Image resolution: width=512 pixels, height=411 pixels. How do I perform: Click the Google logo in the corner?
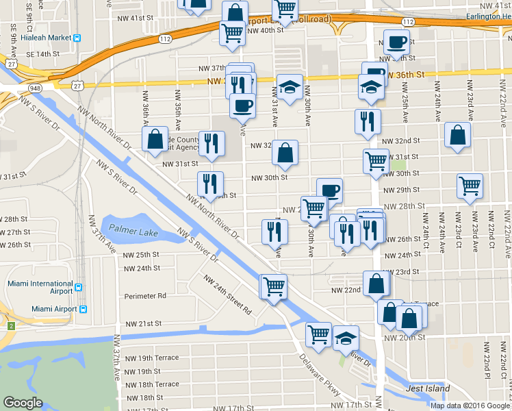[x=23, y=403]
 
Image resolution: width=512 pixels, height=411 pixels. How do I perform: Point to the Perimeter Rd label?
[x=145, y=296]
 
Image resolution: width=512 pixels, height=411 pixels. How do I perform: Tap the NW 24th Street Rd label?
[x=227, y=295]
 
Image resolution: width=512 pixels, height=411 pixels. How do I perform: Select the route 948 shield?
[x=35, y=88]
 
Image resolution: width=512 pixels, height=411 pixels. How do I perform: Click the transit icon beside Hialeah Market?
[x=78, y=38]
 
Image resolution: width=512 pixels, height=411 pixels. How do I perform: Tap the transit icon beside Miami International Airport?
[x=79, y=288]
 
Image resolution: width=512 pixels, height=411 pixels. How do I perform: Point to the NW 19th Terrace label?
[x=149, y=358]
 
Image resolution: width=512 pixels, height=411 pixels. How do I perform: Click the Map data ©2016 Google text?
[x=470, y=405]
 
